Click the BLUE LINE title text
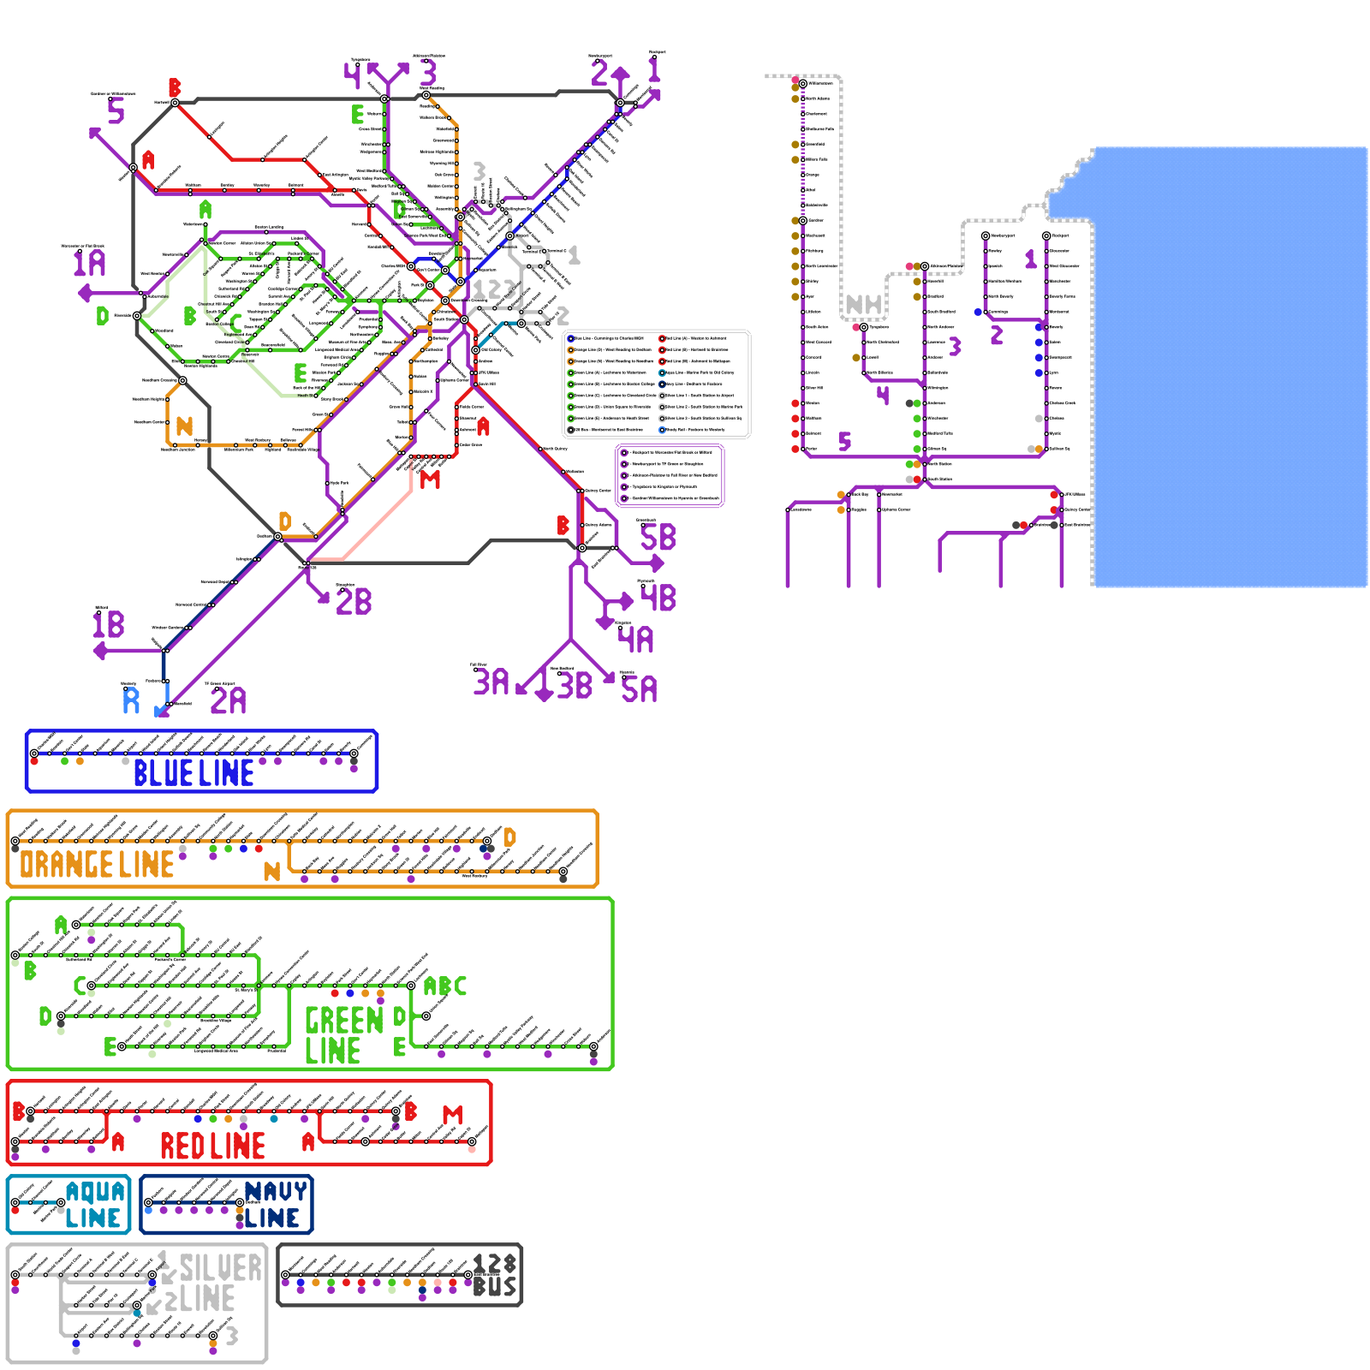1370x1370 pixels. tap(194, 773)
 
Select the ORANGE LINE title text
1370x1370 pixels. tap(97, 865)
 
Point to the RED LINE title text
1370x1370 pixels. tap(212, 1146)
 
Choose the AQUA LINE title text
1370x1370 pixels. tap(94, 1205)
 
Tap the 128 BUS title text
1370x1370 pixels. tap(494, 1275)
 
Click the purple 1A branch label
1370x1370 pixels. tap(89, 263)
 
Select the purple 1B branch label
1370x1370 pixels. tap(109, 624)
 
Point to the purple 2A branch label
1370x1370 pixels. tap(228, 701)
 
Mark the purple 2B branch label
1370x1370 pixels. tap(354, 602)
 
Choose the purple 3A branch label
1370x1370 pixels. tap(491, 682)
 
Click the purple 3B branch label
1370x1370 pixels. tap(575, 686)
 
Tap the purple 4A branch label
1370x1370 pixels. tap(636, 640)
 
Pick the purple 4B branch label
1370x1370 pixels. tap(658, 598)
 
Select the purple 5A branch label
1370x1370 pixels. tap(640, 689)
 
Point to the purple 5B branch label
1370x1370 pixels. tap(658, 538)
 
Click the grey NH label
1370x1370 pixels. tap(863, 305)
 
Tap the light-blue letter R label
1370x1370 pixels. tap(131, 700)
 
